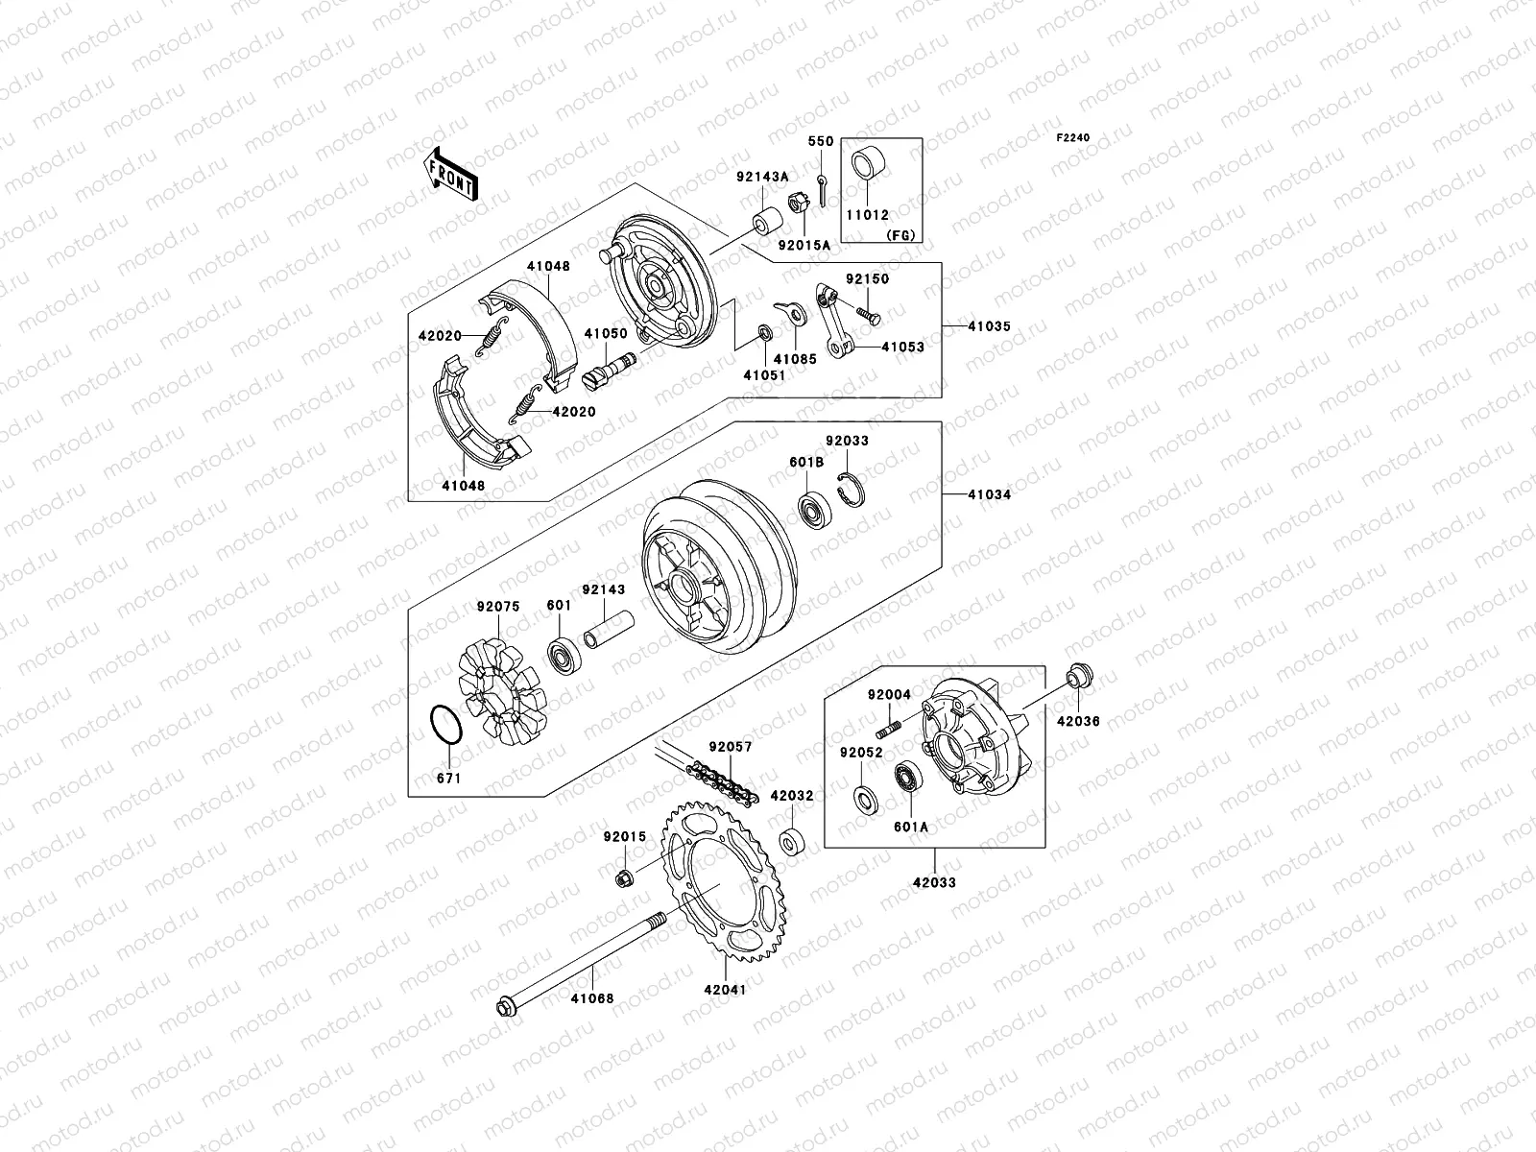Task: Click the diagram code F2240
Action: tap(1073, 138)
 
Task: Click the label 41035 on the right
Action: tap(988, 327)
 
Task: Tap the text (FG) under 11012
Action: tap(900, 235)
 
